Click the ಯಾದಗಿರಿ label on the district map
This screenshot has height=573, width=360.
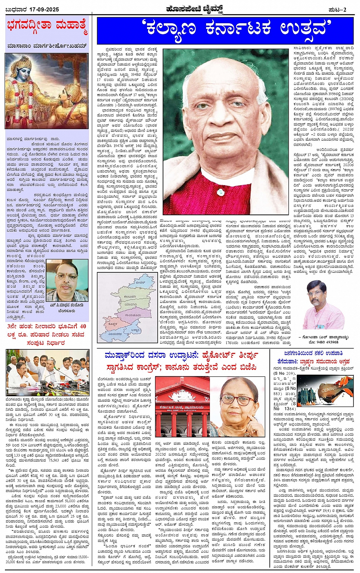pos(131,305)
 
